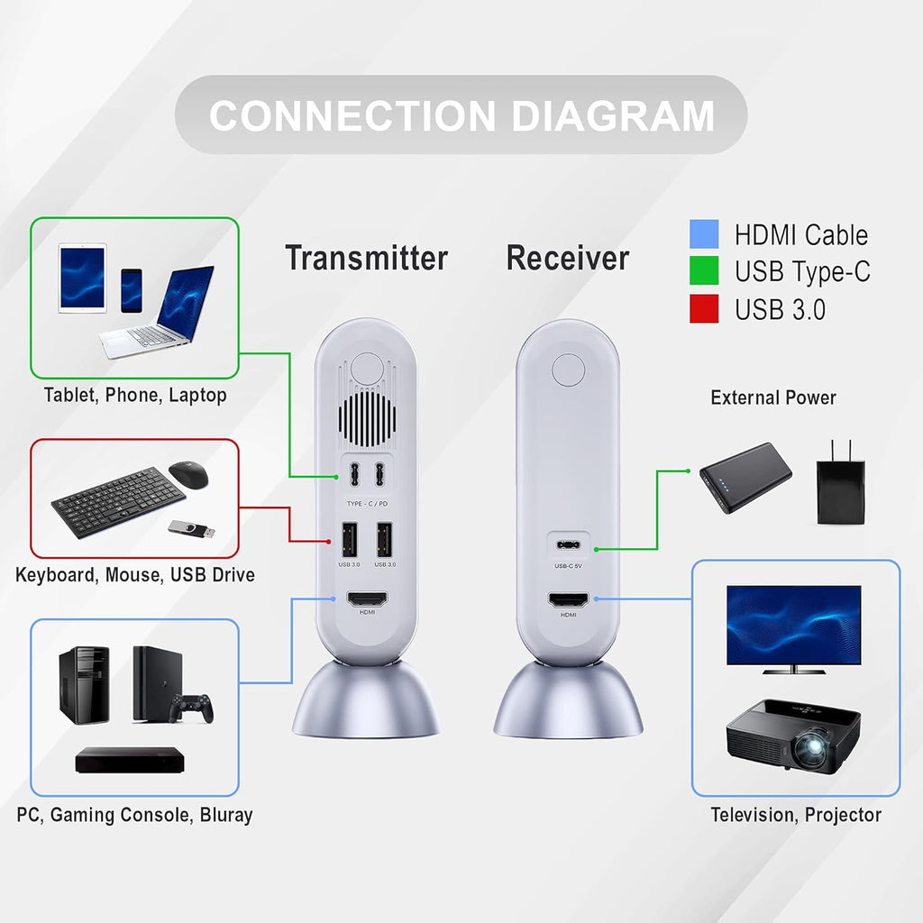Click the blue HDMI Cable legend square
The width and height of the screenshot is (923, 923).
pos(704,234)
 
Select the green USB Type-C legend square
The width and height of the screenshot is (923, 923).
pos(704,271)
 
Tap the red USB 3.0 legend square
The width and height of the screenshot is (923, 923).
pos(704,308)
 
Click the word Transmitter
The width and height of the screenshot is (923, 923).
pos(366,259)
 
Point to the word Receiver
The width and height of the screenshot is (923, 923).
pos(567,259)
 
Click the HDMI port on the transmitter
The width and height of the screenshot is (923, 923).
pos(367,600)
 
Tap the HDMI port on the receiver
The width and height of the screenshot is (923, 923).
pos(568,600)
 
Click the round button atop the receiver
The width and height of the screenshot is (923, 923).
pos(568,370)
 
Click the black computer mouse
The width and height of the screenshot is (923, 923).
pos(187,473)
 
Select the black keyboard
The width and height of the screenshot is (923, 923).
pos(117,505)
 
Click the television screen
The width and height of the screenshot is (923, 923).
pos(793,624)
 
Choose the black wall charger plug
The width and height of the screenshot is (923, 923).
pos(840,488)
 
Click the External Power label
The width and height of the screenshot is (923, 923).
pos(773,398)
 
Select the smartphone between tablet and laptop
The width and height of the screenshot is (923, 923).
pos(132,289)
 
